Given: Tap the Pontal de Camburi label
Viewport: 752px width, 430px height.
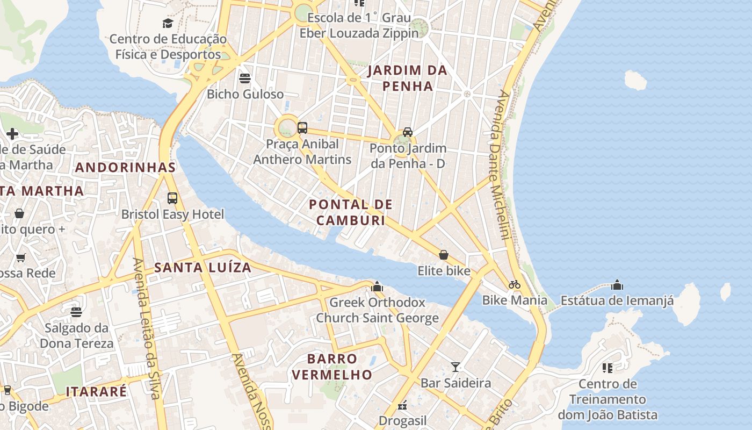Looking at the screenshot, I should [x=351, y=212].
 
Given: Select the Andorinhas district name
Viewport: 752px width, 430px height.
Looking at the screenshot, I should [x=126, y=167].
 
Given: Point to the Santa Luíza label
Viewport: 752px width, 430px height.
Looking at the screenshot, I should [x=203, y=267].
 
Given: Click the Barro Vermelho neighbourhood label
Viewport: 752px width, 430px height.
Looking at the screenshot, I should [x=332, y=367].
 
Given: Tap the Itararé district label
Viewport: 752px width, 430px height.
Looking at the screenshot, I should [x=96, y=391].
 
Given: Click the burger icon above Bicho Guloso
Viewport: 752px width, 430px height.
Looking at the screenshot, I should [x=245, y=78].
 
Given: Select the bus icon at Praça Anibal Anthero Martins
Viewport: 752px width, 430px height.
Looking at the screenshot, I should [x=302, y=128].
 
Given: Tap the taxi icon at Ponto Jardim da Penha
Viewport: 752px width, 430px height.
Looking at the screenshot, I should [x=408, y=132].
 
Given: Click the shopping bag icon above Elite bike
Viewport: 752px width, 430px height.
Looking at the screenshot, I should [x=444, y=255].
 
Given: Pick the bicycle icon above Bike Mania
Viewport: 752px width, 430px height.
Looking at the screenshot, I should [x=515, y=284].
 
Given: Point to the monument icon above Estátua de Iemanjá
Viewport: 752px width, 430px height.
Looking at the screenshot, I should [x=617, y=284].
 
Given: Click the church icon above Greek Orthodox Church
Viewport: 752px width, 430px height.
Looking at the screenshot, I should [x=377, y=286].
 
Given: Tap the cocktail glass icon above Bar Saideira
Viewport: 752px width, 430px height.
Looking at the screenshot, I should [x=455, y=367].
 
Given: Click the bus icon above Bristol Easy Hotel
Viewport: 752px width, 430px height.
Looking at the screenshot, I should [x=172, y=198].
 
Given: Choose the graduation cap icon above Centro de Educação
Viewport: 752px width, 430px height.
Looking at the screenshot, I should [x=168, y=23].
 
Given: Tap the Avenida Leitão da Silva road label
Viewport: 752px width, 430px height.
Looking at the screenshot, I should [x=146, y=328].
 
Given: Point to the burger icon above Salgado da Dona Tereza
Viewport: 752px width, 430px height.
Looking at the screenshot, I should [x=76, y=312].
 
